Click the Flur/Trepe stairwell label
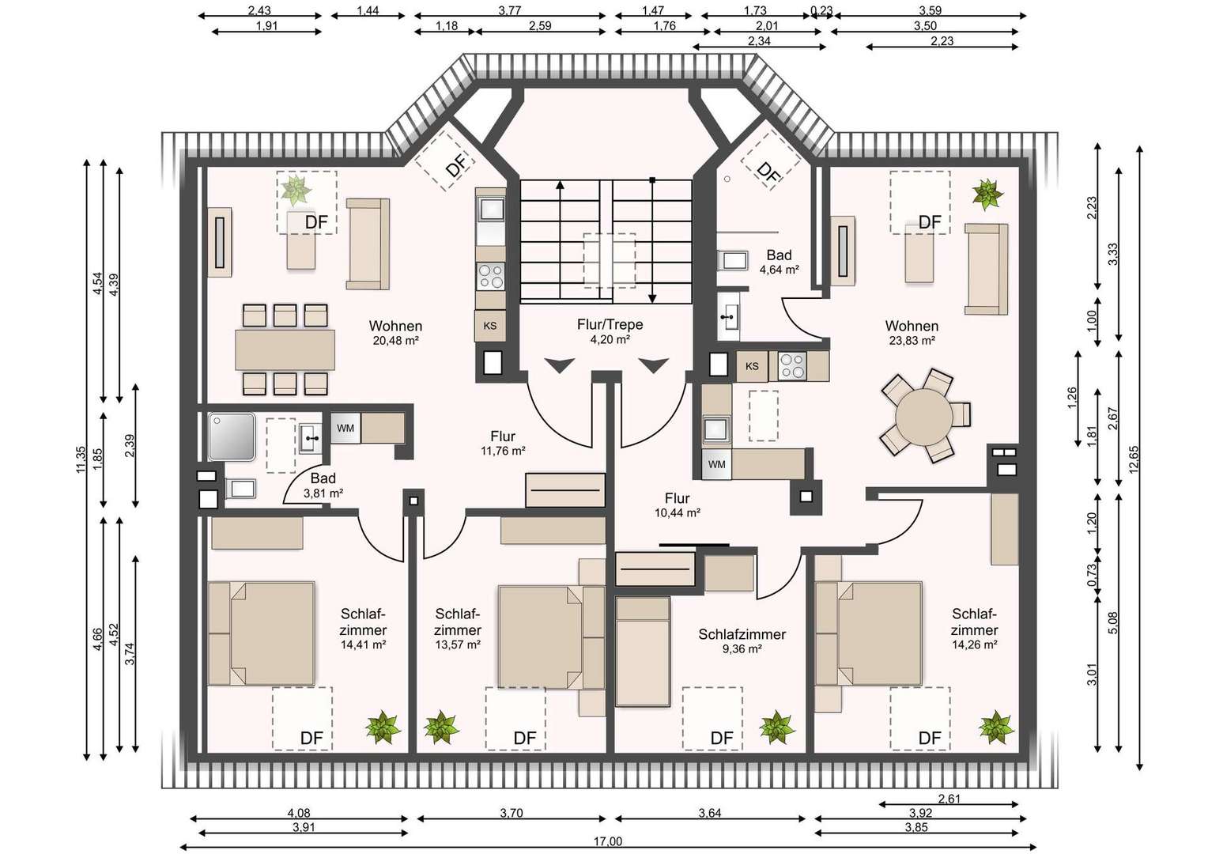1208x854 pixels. pos(610,325)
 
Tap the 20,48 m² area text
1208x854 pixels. pos(396,340)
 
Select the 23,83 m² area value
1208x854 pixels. pos(912,340)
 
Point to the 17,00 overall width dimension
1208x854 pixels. pos(608,841)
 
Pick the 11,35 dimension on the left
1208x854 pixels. pos(81,459)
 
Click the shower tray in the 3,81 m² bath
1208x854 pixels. pos(232,437)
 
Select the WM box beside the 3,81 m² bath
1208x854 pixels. pos(345,429)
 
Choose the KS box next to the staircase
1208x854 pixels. pos(490,326)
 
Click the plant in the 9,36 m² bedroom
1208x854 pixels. pos(777,727)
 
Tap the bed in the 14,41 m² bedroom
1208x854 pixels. pos(261,633)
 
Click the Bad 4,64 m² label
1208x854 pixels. pos(780,262)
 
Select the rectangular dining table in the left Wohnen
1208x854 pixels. pos(285,350)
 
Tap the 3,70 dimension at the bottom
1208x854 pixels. pos(511,813)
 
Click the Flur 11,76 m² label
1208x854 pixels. pos(503,443)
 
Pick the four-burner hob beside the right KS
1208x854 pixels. pos(791,366)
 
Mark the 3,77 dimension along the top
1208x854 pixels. pos(510,10)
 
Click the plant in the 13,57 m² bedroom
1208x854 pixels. pos(441,727)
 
